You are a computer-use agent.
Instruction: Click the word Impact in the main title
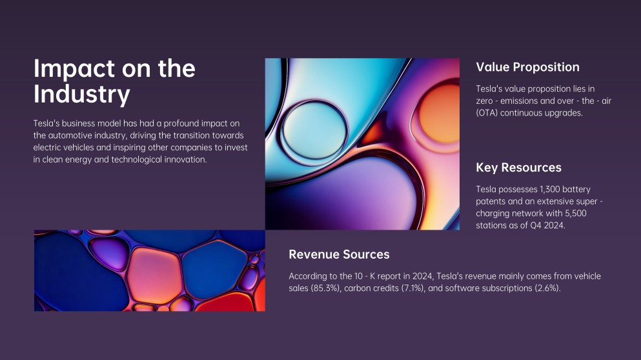click(x=74, y=69)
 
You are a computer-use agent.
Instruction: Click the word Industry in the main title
click(x=82, y=94)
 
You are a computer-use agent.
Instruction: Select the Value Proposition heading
click(x=527, y=68)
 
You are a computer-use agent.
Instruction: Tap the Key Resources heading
click(x=518, y=168)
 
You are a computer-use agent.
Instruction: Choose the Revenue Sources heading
click(x=339, y=255)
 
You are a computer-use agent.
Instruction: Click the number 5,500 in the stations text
click(x=576, y=214)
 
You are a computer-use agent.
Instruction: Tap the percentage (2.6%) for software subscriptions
click(x=547, y=288)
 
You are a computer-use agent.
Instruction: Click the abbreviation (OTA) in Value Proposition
click(x=487, y=113)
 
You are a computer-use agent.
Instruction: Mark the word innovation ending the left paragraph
click(x=186, y=159)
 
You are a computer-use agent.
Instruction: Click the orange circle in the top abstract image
click(x=439, y=114)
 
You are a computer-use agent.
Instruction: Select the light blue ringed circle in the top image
click(x=314, y=130)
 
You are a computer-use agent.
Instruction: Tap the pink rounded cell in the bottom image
click(x=153, y=275)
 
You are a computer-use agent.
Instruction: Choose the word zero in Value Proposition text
click(x=484, y=101)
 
